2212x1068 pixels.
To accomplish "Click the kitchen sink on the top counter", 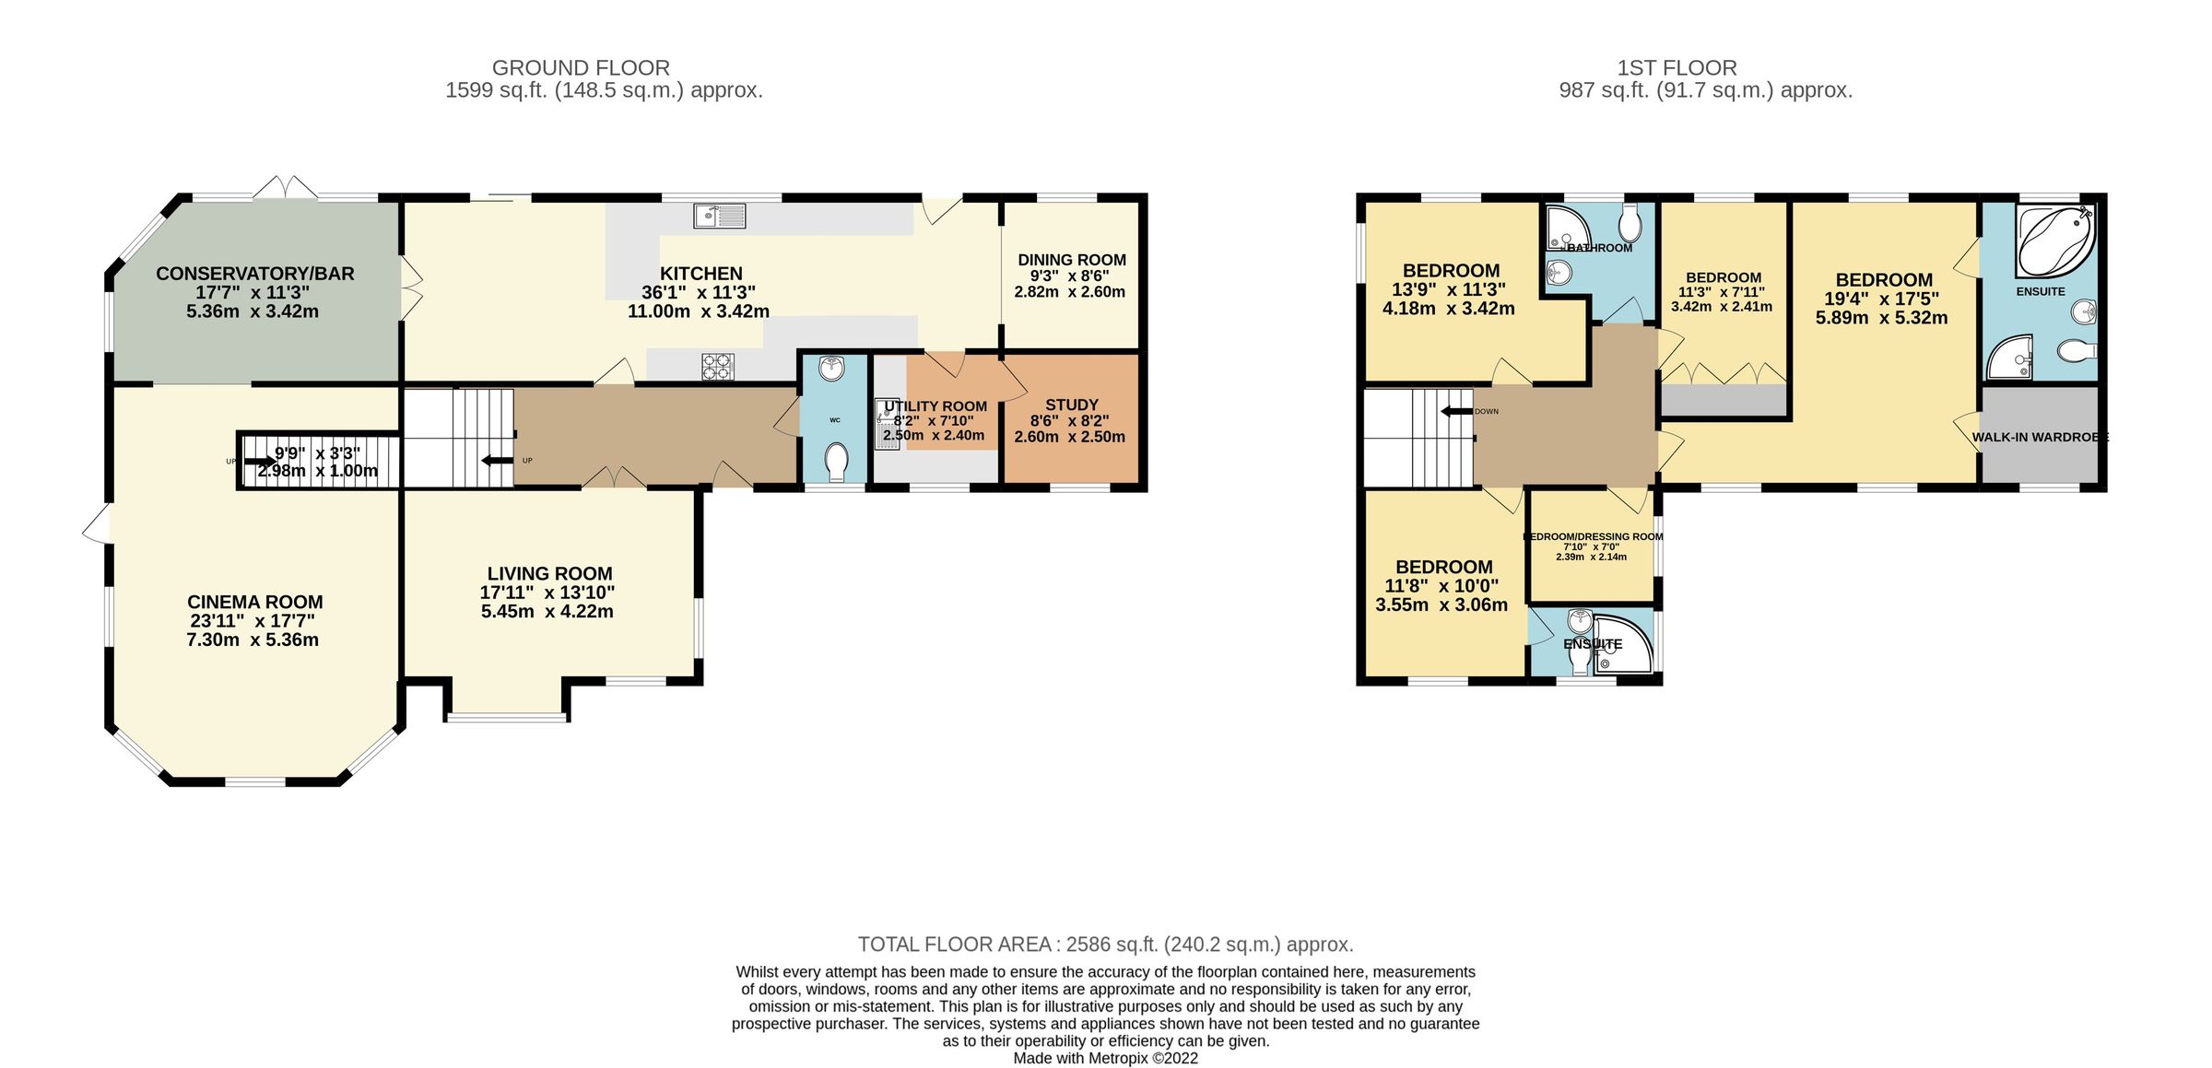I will tap(719, 217).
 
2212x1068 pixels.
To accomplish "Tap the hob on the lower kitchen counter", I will tap(718, 367).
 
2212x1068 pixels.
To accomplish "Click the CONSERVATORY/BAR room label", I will tap(254, 274).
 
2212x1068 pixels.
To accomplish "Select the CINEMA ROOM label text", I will tap(254, 602).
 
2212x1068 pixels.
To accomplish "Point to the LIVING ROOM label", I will tap(549, 573).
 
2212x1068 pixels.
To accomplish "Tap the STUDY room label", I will tap(1071, 405).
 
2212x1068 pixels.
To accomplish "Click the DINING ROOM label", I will tap(1071, 260).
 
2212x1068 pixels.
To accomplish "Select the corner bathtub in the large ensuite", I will tap(2054, 241).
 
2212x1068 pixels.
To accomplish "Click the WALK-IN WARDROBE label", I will tap(2039, 437).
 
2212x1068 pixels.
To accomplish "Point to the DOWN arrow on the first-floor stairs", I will tap(1458, 411).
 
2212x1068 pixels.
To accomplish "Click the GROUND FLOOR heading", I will tap(581, 67).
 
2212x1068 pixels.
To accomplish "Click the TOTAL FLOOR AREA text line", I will tap(1105, 944).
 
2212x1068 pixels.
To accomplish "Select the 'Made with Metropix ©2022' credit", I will tap(1105, 1058).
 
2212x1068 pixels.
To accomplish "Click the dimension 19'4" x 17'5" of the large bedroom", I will tap(1881, 299).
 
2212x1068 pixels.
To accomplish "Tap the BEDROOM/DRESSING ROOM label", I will tap(1592, 536).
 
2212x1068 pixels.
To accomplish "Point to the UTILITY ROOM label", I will tap(935, 406).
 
